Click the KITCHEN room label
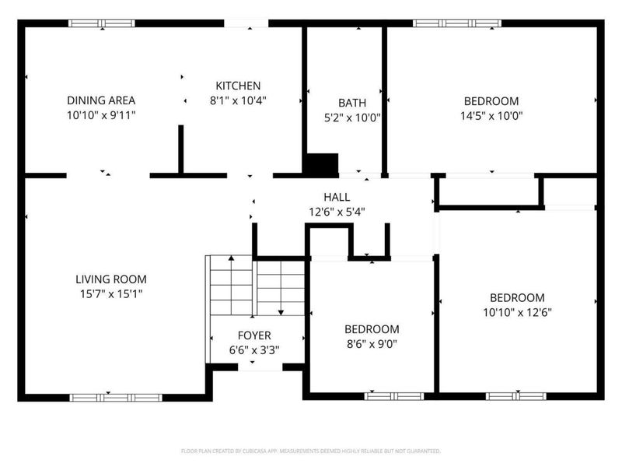pyautogui.click(x=238, y=86)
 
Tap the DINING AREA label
pyautogui.click(x=101, y=100)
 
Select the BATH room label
pyautogui.click(x=351, y=103)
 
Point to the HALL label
pyautogui.click(x=337, y=197)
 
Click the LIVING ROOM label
pyautogui.click(x=110, y=279)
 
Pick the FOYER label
pyautogui.click(x=253, y=335)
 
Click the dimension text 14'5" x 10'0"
pyautogui.click(x=491, y=116)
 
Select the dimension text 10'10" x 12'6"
pyautogui.click(x=516, y=312)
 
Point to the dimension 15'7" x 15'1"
pyautogui.click(x=110, y=294)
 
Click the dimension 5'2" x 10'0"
pyautogui.click(x=351, y=118)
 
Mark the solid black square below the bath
pyautogui.click(x=321, y=164)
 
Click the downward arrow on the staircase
pyautogui.click(x=280, y=311)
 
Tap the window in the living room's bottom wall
pyautogui.click(x=115, y=397)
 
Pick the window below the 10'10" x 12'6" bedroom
pyautogui.click(x=515, y=396)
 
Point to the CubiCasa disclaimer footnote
pyautogui.click(x=311, y=451)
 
